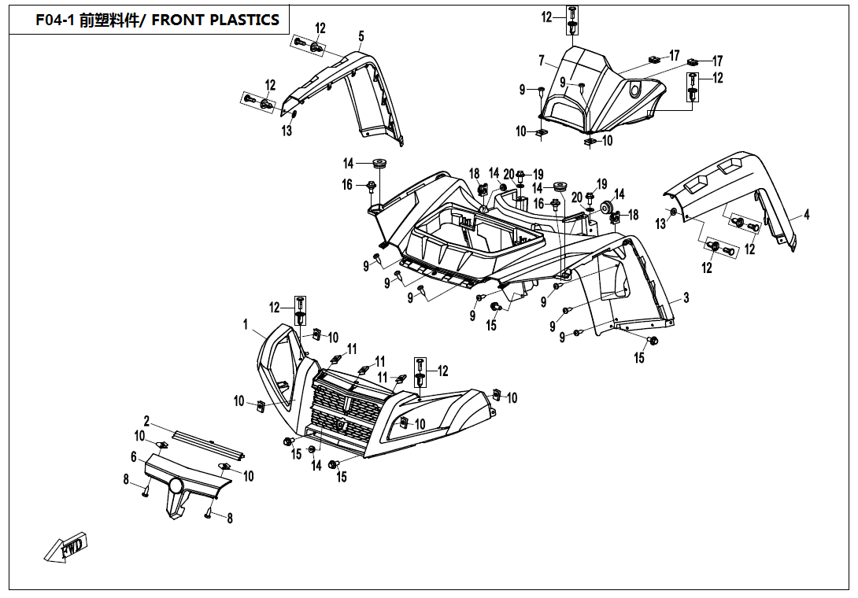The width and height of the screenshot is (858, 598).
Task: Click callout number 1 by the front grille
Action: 246,323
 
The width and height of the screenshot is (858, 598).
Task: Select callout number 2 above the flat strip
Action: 146,421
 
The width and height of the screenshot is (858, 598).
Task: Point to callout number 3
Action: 686,297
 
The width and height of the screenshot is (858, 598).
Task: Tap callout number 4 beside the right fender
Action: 806,213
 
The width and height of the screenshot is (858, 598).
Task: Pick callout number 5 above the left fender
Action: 361,36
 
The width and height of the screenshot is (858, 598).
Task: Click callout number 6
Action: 134,457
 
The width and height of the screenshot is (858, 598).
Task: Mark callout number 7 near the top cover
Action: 542,61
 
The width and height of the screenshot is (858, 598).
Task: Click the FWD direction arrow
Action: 66,548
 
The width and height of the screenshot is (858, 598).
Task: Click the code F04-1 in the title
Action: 55,20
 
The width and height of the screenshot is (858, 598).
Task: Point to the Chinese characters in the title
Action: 110,20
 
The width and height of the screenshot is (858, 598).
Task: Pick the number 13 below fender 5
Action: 287,131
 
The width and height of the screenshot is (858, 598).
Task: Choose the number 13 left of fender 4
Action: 660,224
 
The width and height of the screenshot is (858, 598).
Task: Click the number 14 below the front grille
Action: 316,466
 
